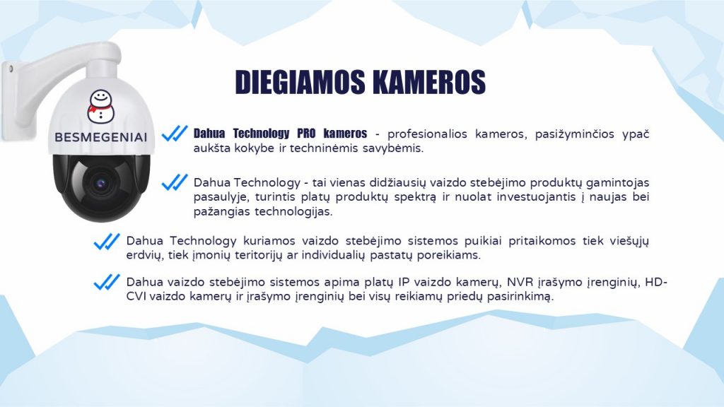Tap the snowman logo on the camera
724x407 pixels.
(100, 106)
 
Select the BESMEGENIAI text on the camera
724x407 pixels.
(100, 137)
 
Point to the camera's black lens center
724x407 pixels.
(101, 183)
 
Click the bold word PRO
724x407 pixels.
(306, 134)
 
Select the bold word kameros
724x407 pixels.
(345, 134)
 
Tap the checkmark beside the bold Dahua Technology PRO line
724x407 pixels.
(175, 134)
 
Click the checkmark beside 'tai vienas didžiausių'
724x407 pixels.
(175, 182)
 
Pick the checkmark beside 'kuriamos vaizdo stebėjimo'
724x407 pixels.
(107, 242)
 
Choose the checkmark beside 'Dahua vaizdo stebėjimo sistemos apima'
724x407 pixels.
(107, 282)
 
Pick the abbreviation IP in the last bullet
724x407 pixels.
(404, 282)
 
